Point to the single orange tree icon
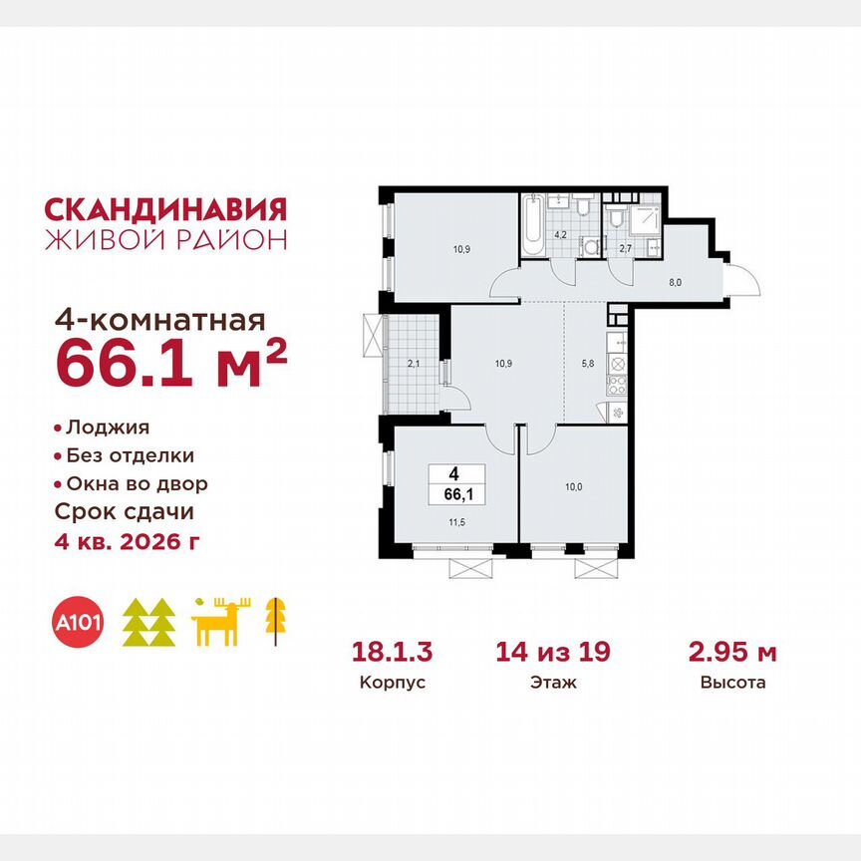pyautogui.click(x=271, y=619)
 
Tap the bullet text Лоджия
pyautogui.click(x=108, y=428)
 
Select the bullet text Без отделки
pyautogui.click(x=130, y=456)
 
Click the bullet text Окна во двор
pyautogui.click(x=137, y=484)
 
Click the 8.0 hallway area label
pyautogui.click(x=675, y=282)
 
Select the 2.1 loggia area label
pyautogui.click(x=414, y=364)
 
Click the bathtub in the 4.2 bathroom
pyautogui.click(x=531, y=226)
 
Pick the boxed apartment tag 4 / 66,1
pyautogui.click(x=453, y=484)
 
